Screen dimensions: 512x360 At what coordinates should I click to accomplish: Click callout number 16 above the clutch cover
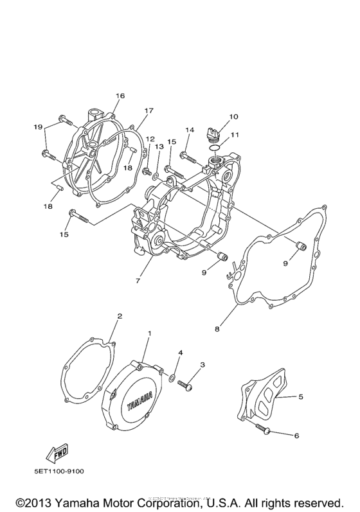pyautogui.click(x=120, y=96)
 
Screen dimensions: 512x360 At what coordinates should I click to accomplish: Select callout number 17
pyautogui.click(x=148, y=110)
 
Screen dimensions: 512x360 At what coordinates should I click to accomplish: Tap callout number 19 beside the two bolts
pyautogui.click(x=38, y=127)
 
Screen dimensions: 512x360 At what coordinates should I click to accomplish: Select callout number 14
pyautogui.click(x=190, y=131)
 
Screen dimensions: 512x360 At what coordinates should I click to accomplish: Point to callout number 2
pyautogui.click(x=119, y=316)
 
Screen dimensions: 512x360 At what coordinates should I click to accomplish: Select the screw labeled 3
pyautogui.click(x=187, y=384)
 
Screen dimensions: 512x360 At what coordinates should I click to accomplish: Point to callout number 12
pyautogui.click(x=149, y=139)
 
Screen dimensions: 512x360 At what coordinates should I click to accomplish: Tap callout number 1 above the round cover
pyautogui.click(x=149, y=334)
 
